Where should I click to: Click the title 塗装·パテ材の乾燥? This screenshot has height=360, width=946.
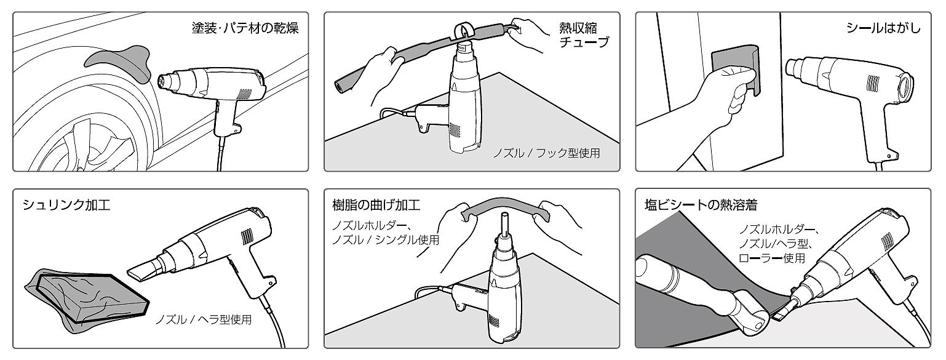click(245, 28)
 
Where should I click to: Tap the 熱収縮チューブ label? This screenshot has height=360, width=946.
click(584, 35)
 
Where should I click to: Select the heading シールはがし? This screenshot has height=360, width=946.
click(883, 28)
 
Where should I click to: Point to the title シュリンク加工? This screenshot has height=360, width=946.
click(66, 205)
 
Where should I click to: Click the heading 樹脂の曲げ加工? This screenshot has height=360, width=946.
click(376, 205)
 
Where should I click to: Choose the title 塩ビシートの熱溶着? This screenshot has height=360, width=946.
click(701, 205)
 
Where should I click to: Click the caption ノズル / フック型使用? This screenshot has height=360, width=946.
click(546, 153)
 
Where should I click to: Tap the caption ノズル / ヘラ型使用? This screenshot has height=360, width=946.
click(204, 319)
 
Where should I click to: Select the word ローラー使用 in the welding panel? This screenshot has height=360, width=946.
click(771, 258)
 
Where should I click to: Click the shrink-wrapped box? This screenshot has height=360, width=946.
click(87, 298)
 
